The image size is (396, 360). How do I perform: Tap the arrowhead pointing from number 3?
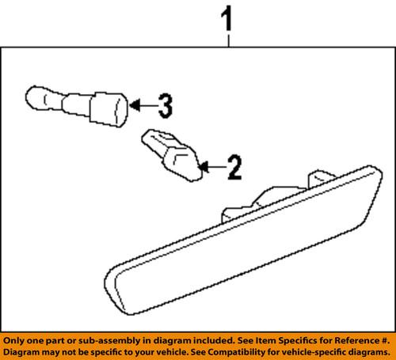[134, 104]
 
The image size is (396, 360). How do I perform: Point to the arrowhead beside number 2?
[203, 166]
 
